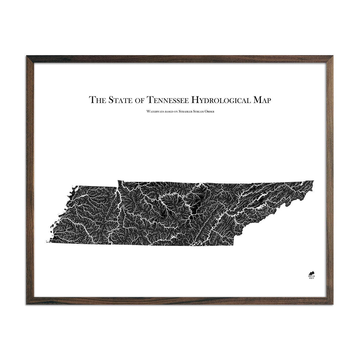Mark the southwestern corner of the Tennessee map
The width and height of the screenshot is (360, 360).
(x=47, y=243)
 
